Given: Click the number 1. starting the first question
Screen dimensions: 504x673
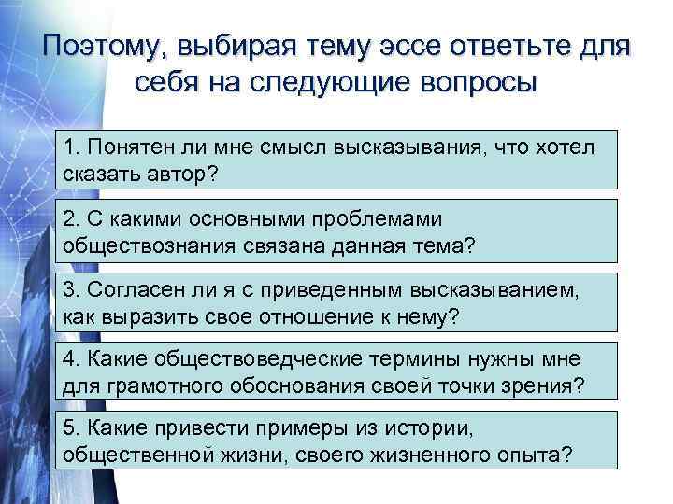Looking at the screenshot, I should (73, 147).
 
